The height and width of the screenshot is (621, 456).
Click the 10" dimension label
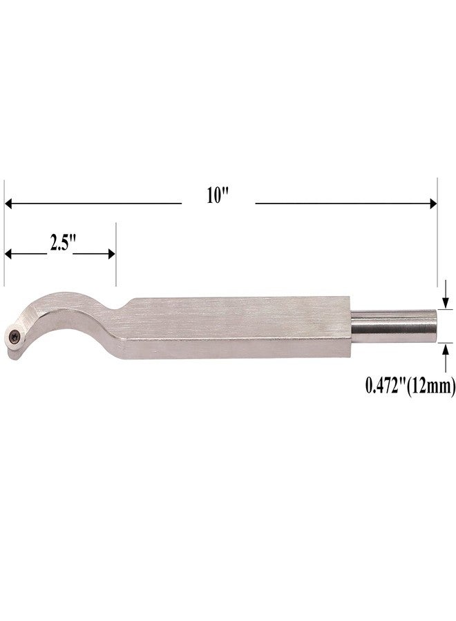[218, 196]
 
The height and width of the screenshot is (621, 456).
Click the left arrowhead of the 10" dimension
[9, 204]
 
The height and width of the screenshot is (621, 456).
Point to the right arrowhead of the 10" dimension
[433, 204]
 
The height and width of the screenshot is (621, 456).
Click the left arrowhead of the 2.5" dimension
[9, 254]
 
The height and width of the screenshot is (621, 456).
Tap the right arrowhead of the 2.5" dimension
[111, 254]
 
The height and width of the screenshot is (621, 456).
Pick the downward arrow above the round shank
[446, 294]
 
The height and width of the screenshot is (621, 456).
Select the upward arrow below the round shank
[446, 357]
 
